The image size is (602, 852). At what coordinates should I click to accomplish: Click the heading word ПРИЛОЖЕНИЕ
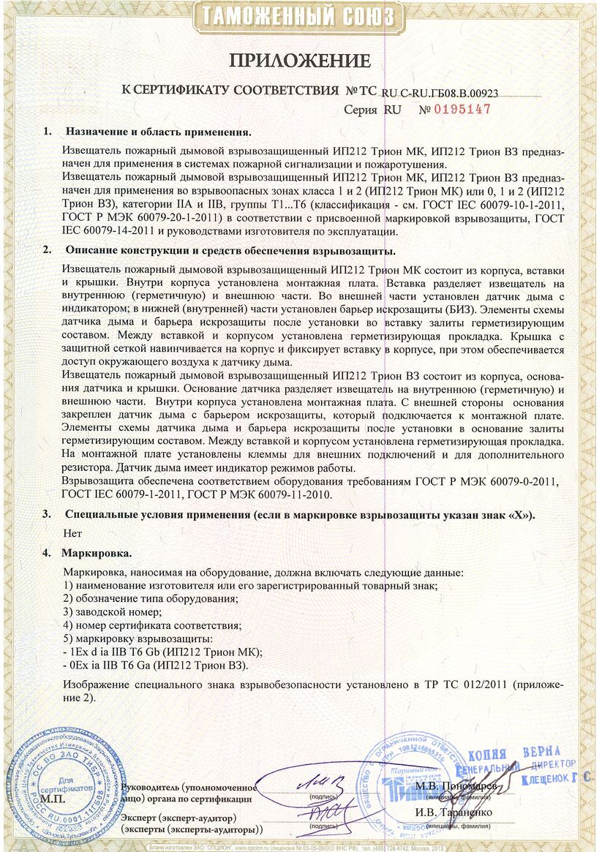point(301,59)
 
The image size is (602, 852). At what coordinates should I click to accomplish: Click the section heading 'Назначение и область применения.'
point(158,132)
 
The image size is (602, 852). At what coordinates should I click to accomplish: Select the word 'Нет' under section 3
point(72,533)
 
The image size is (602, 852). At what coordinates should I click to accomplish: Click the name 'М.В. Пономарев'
point(455,786)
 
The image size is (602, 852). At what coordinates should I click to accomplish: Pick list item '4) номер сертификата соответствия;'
point(152,625)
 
